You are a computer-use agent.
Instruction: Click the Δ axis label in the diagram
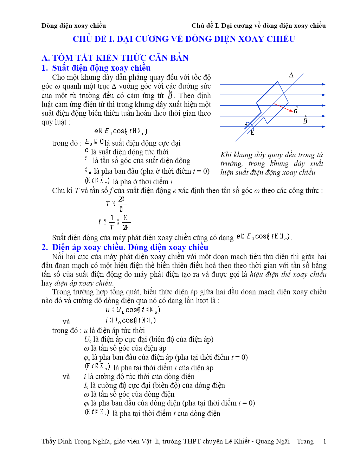[291, 75]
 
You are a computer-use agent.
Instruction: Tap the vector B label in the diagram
[305, 120]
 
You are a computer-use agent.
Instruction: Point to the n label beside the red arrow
[296, 110]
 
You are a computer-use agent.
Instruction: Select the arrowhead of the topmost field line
[323, 84]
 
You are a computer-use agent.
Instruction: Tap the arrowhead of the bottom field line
[323, 127]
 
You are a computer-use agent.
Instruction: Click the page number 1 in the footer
[324, 441]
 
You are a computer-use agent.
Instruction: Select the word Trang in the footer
[305, 441]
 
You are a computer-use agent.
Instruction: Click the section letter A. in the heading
[46, 58]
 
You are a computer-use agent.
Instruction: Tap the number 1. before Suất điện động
[45, 68]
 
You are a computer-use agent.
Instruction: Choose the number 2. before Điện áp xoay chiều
[45, 247]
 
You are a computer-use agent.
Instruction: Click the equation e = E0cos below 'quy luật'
[121, 131]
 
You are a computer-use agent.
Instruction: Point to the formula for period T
[116, 204]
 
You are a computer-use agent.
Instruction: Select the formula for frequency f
[114, 222]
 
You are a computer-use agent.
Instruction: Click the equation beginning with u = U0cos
[133, 310]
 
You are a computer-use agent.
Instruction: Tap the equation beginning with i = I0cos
[130, 320]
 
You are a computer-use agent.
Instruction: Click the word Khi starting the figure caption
[226, 155]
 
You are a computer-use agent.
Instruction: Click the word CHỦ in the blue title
[82, 39]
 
